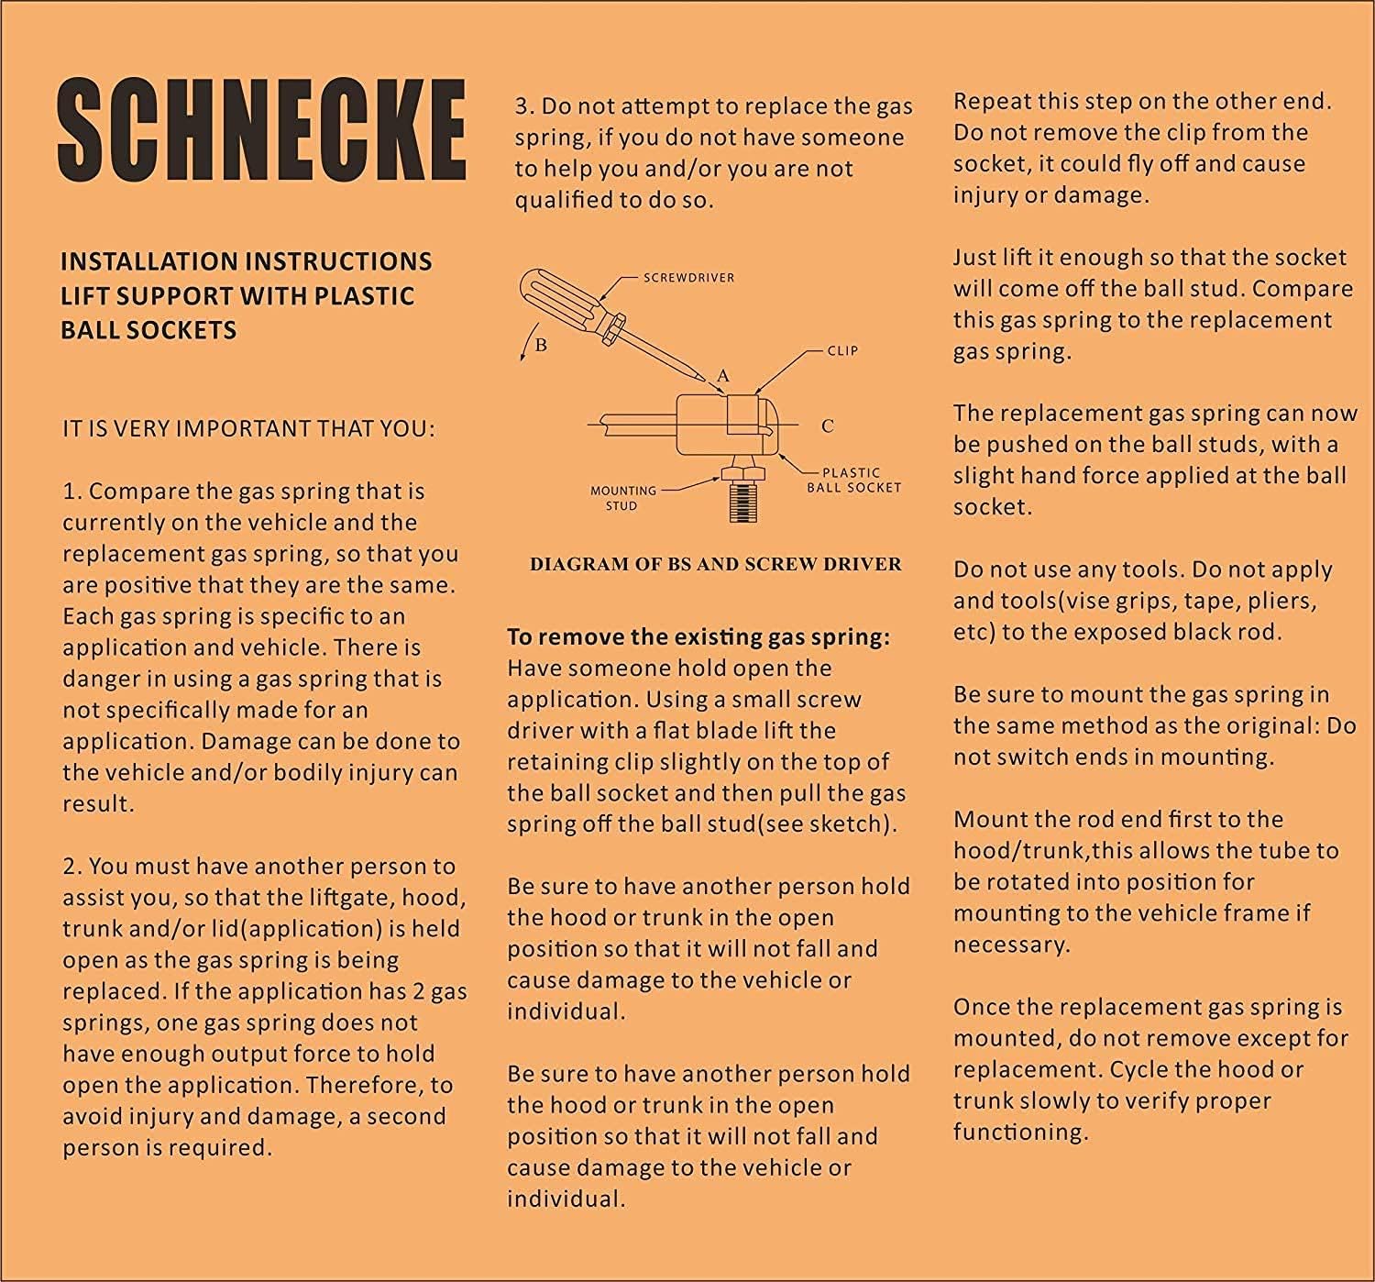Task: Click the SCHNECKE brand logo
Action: pos(262,129)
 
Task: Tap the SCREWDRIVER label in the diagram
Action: pos(688,277)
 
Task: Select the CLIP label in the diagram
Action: pos(842,350)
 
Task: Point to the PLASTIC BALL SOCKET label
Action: pos(852,480)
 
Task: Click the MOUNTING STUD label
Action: pos(622,497)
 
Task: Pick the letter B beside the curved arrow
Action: pos(541,346)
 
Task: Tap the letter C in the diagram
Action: pos(828,425)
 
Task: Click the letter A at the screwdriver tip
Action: pos(723,375)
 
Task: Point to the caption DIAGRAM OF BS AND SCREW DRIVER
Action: pos(715,564)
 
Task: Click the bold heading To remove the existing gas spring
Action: pos(698,636)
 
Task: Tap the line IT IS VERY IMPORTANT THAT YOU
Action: pos(248,428)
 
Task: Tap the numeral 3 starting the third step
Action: pos(522,106)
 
